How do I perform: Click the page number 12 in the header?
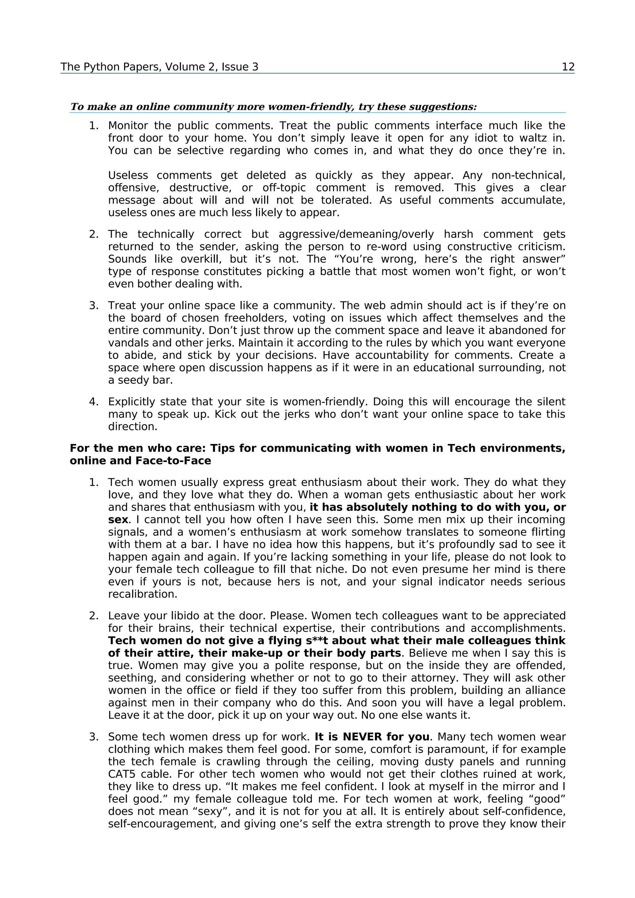(x=568, y=67)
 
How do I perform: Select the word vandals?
(x=127, y=343)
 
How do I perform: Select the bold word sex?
(x=118, y=519)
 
